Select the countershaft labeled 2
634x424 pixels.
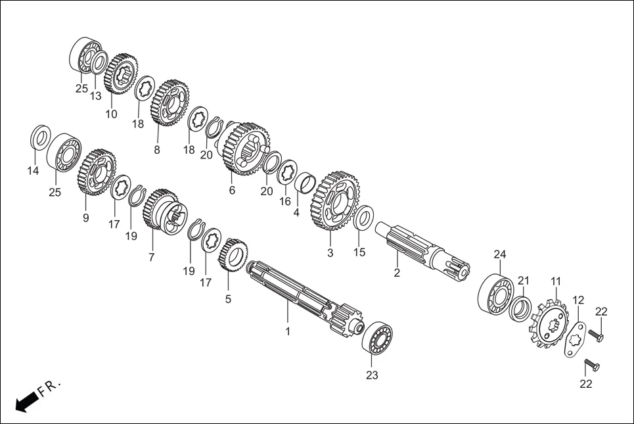(x=420, y=250)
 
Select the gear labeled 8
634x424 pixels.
(x=169, y=103)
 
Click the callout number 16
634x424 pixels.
(x=284, y=202)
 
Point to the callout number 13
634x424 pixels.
(x=96, y=96)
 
